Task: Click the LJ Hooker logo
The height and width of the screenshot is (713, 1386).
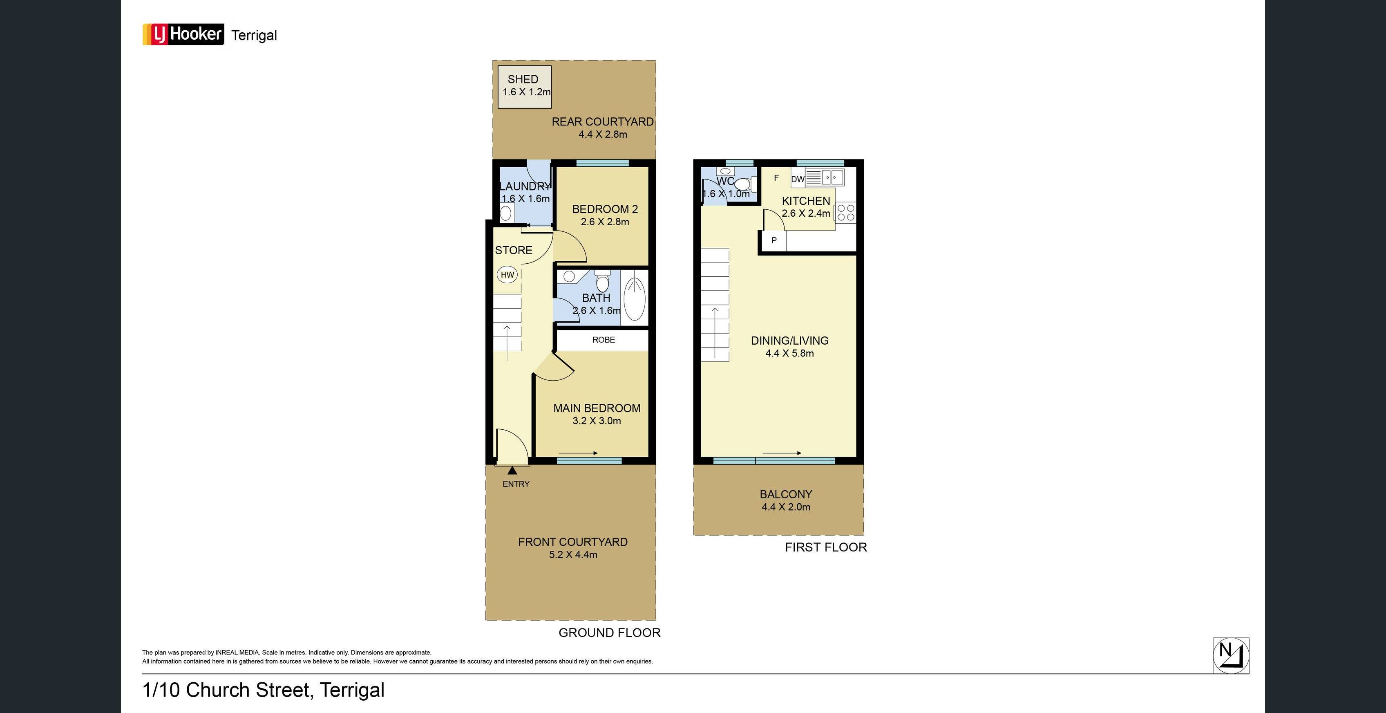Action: [183, 34]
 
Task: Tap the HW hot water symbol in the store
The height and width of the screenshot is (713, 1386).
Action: [507, 275]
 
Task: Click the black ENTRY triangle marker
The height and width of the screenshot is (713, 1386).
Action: [512, 471]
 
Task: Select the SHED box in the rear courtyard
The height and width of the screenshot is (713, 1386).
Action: [524, 87]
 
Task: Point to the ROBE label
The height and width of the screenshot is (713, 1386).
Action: [603, 340]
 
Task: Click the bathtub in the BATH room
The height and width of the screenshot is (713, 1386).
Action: [634, 298]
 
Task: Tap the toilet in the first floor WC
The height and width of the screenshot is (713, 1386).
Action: [742, 184]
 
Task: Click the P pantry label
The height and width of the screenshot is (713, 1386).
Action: [774, 240]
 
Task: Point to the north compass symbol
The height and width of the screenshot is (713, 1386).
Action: [1230, 655]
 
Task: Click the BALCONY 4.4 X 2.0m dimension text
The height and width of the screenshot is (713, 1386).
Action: [785, 507]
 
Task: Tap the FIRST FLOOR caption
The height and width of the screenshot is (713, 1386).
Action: [825, 547]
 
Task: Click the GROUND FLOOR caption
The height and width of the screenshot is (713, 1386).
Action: [609, 633]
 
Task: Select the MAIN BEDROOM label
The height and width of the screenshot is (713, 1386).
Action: [597, 408]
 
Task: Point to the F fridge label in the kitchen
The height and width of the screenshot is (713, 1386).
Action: [776, 178]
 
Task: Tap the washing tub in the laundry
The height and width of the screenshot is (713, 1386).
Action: [506, 214]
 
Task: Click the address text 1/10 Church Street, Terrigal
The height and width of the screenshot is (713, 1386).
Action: [263, 690]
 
